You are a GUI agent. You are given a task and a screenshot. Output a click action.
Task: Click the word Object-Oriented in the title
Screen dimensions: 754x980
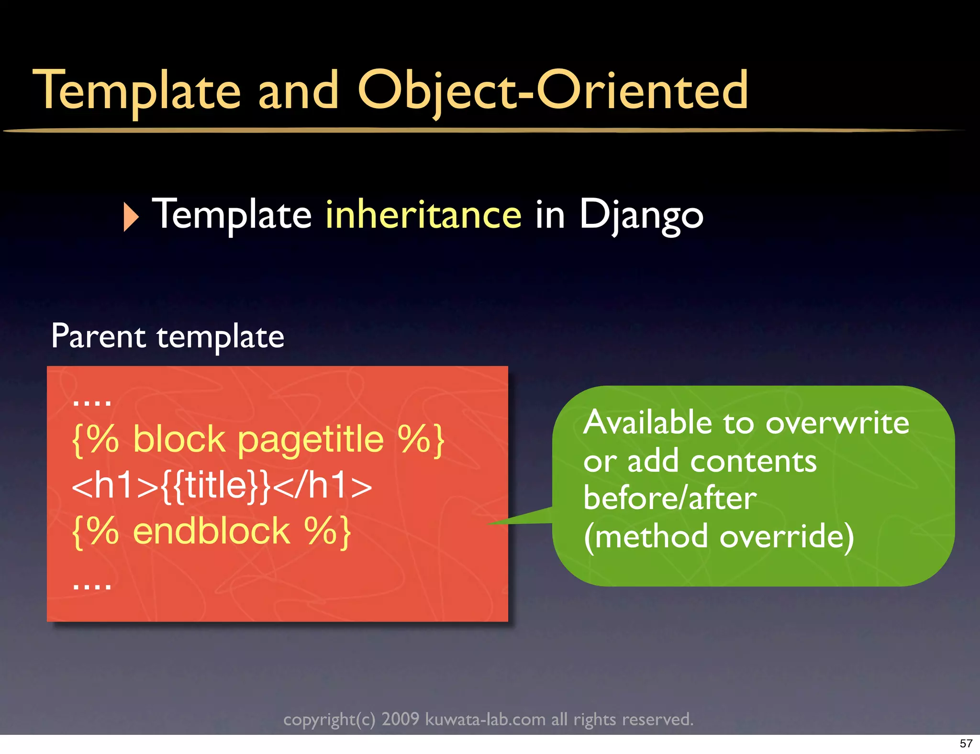pos(553,91)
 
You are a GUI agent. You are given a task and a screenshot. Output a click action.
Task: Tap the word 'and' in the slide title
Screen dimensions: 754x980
pos(298,91)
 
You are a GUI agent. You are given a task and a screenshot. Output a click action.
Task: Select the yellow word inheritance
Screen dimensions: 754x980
pos(423,215)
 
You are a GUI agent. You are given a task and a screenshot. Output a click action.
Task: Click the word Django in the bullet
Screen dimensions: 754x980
pos(641,215)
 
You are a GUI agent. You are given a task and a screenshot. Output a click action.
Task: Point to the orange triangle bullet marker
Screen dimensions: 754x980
pos(130,217)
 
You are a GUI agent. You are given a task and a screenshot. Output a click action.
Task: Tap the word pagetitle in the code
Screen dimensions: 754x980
pos(311,439)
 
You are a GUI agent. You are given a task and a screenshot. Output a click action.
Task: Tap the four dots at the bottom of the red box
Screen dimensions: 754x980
pos(92,585)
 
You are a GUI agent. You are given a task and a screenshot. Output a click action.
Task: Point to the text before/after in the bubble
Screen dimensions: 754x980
pos(670,499)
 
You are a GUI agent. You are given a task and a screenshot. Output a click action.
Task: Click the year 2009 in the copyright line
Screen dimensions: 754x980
pos(400,719)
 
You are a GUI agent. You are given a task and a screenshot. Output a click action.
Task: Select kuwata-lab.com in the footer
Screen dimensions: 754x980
pos(485,719)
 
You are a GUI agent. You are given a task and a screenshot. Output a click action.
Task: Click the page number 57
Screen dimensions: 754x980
pos(966,743)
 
